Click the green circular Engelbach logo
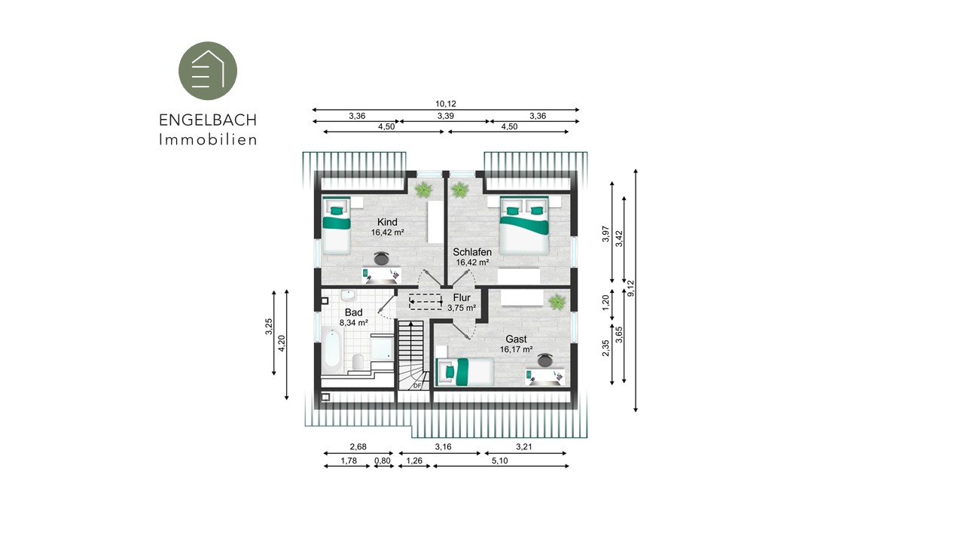coord(208,71)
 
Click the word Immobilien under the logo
coord(209,139)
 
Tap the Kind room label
coord(387,222)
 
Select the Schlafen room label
coord(472,252)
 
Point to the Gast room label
coord(516,339)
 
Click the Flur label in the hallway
coord(462,297)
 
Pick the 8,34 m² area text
coord(354,323)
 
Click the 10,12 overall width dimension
coord(445,104)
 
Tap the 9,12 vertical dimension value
coord(631,288)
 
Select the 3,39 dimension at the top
coord(445,116)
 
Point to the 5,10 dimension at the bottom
coord(499,461)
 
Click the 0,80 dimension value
coord(382,461)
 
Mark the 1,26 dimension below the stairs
coord(414,461)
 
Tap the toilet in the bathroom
coord(358,362)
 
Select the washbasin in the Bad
coord(348,296)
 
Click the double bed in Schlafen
coord(523,225)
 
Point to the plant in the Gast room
coord(557,302)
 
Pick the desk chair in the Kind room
coord(381,258)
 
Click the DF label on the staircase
coord(417,386)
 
